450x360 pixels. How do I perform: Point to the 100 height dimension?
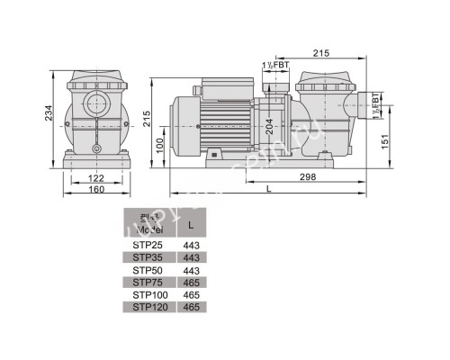(160, 145)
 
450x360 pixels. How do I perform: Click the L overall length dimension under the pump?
(271, 189)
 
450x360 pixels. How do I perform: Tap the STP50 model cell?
(148, 270)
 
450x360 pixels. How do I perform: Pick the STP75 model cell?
(148, 283)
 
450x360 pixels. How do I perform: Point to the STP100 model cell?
(148, 295)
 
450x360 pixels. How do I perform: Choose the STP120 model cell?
(148, 308)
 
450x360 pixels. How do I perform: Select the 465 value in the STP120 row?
(191, 308)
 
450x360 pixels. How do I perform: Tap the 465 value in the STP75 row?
(191, 283)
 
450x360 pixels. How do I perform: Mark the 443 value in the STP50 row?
(191, 270)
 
